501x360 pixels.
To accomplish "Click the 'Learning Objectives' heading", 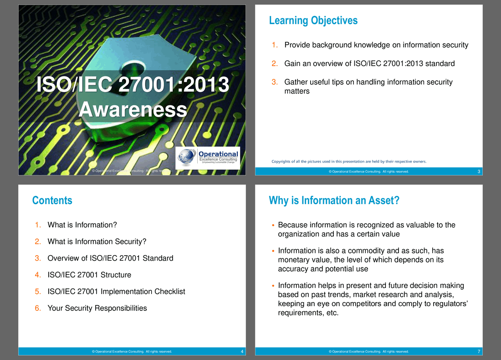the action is coord(313,21).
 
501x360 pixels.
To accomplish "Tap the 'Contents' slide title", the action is coord(52,201).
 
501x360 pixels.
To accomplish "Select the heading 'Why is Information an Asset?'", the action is coord(334,201).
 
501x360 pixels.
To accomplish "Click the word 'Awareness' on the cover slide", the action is coord(133,109).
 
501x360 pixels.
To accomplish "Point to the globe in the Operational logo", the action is coord(187,156).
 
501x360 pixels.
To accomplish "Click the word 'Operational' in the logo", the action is coord(218,154).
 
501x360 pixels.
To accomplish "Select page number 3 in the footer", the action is coord(479,172).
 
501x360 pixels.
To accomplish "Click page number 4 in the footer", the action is coord(242,352).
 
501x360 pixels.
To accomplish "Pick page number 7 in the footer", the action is coord(479,352).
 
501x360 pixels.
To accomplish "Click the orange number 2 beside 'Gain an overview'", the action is coord(275,64).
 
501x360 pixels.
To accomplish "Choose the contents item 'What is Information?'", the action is coord(82,225).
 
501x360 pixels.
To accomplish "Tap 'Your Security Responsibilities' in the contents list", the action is coord(97,308).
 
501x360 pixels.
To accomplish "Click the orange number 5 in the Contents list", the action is coord(38,292).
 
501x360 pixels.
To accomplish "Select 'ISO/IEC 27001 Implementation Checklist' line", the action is coord(116,292).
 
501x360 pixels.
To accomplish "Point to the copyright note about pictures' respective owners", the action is coord(349,161).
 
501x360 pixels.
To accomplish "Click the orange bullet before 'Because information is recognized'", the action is coord(273,225).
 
